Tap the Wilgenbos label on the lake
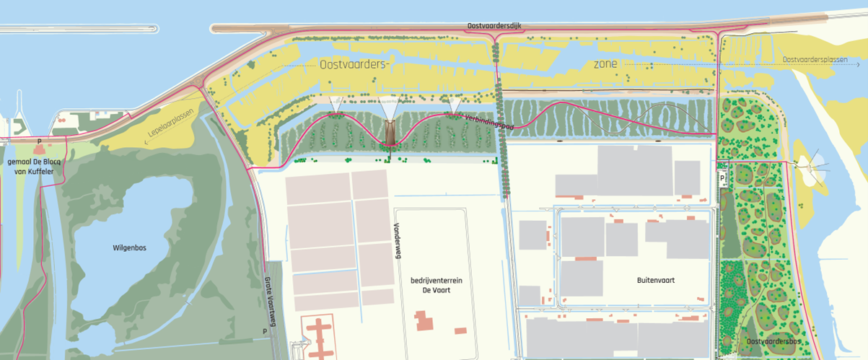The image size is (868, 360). (130, 247)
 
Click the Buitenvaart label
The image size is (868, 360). (655, 280)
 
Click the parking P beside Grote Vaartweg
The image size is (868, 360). (265, 332)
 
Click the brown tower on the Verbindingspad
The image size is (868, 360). (390, 133)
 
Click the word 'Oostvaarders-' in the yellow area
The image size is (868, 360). (354, 64)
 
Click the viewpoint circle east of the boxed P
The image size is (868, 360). (819, 170)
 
